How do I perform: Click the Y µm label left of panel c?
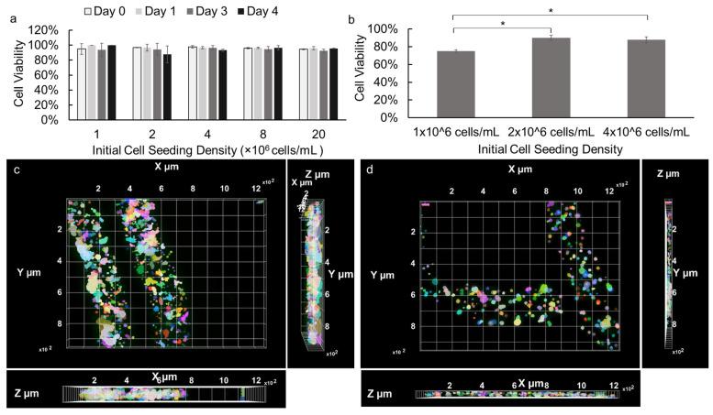click(28, 271)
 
